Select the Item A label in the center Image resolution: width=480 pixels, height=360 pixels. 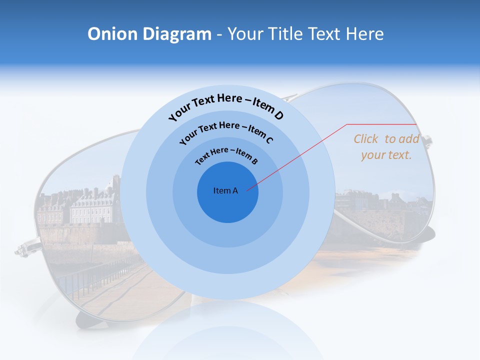225,190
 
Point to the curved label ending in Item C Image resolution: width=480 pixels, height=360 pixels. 226,131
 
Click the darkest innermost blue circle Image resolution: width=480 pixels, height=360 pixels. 227,205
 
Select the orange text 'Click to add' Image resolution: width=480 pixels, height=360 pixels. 386,139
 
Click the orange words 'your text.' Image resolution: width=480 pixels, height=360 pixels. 386,155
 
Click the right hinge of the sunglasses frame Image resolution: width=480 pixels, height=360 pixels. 427,141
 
